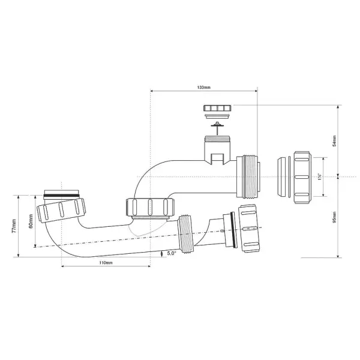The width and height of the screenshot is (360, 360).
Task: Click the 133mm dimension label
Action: [x=203, y=88]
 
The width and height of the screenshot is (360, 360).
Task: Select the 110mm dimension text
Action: [x=106, y=263]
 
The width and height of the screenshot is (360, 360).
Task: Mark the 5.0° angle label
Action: [x=173, y=254]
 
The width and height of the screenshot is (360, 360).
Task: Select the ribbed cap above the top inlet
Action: [x=217, y=109]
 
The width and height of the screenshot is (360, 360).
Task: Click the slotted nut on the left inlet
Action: [x=60, y=211]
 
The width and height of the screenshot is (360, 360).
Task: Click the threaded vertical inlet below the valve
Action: [x=216, y=146]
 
